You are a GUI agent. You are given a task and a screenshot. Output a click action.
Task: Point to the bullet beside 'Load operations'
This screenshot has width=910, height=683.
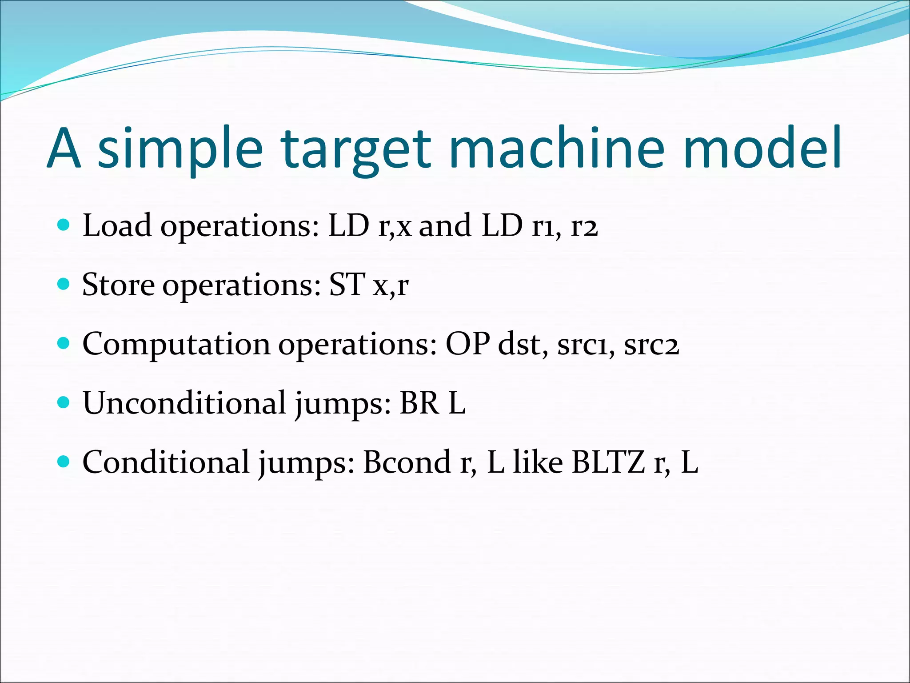click(64, 225)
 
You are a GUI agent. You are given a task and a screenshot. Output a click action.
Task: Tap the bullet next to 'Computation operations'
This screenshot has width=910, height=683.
click(64, 343)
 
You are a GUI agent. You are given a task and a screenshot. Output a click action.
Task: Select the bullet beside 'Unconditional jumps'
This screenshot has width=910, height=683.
click(64, 402)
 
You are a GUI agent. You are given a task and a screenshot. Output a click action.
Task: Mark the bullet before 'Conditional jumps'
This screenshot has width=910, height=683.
click(64, 462)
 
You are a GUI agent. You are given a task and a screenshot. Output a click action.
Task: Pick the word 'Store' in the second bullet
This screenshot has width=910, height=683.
click(119, 285)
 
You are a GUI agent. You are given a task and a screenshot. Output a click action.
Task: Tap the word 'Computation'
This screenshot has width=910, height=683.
click(176, 345)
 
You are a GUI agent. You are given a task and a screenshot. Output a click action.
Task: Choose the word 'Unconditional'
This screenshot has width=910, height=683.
click(184, 403)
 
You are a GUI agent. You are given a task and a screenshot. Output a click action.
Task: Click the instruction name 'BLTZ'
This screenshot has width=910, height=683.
click(608, 462)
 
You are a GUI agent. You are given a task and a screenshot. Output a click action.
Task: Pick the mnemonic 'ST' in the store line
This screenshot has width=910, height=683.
click(347, 285)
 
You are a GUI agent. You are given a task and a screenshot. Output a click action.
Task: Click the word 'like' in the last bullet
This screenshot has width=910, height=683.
click(538, 462)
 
